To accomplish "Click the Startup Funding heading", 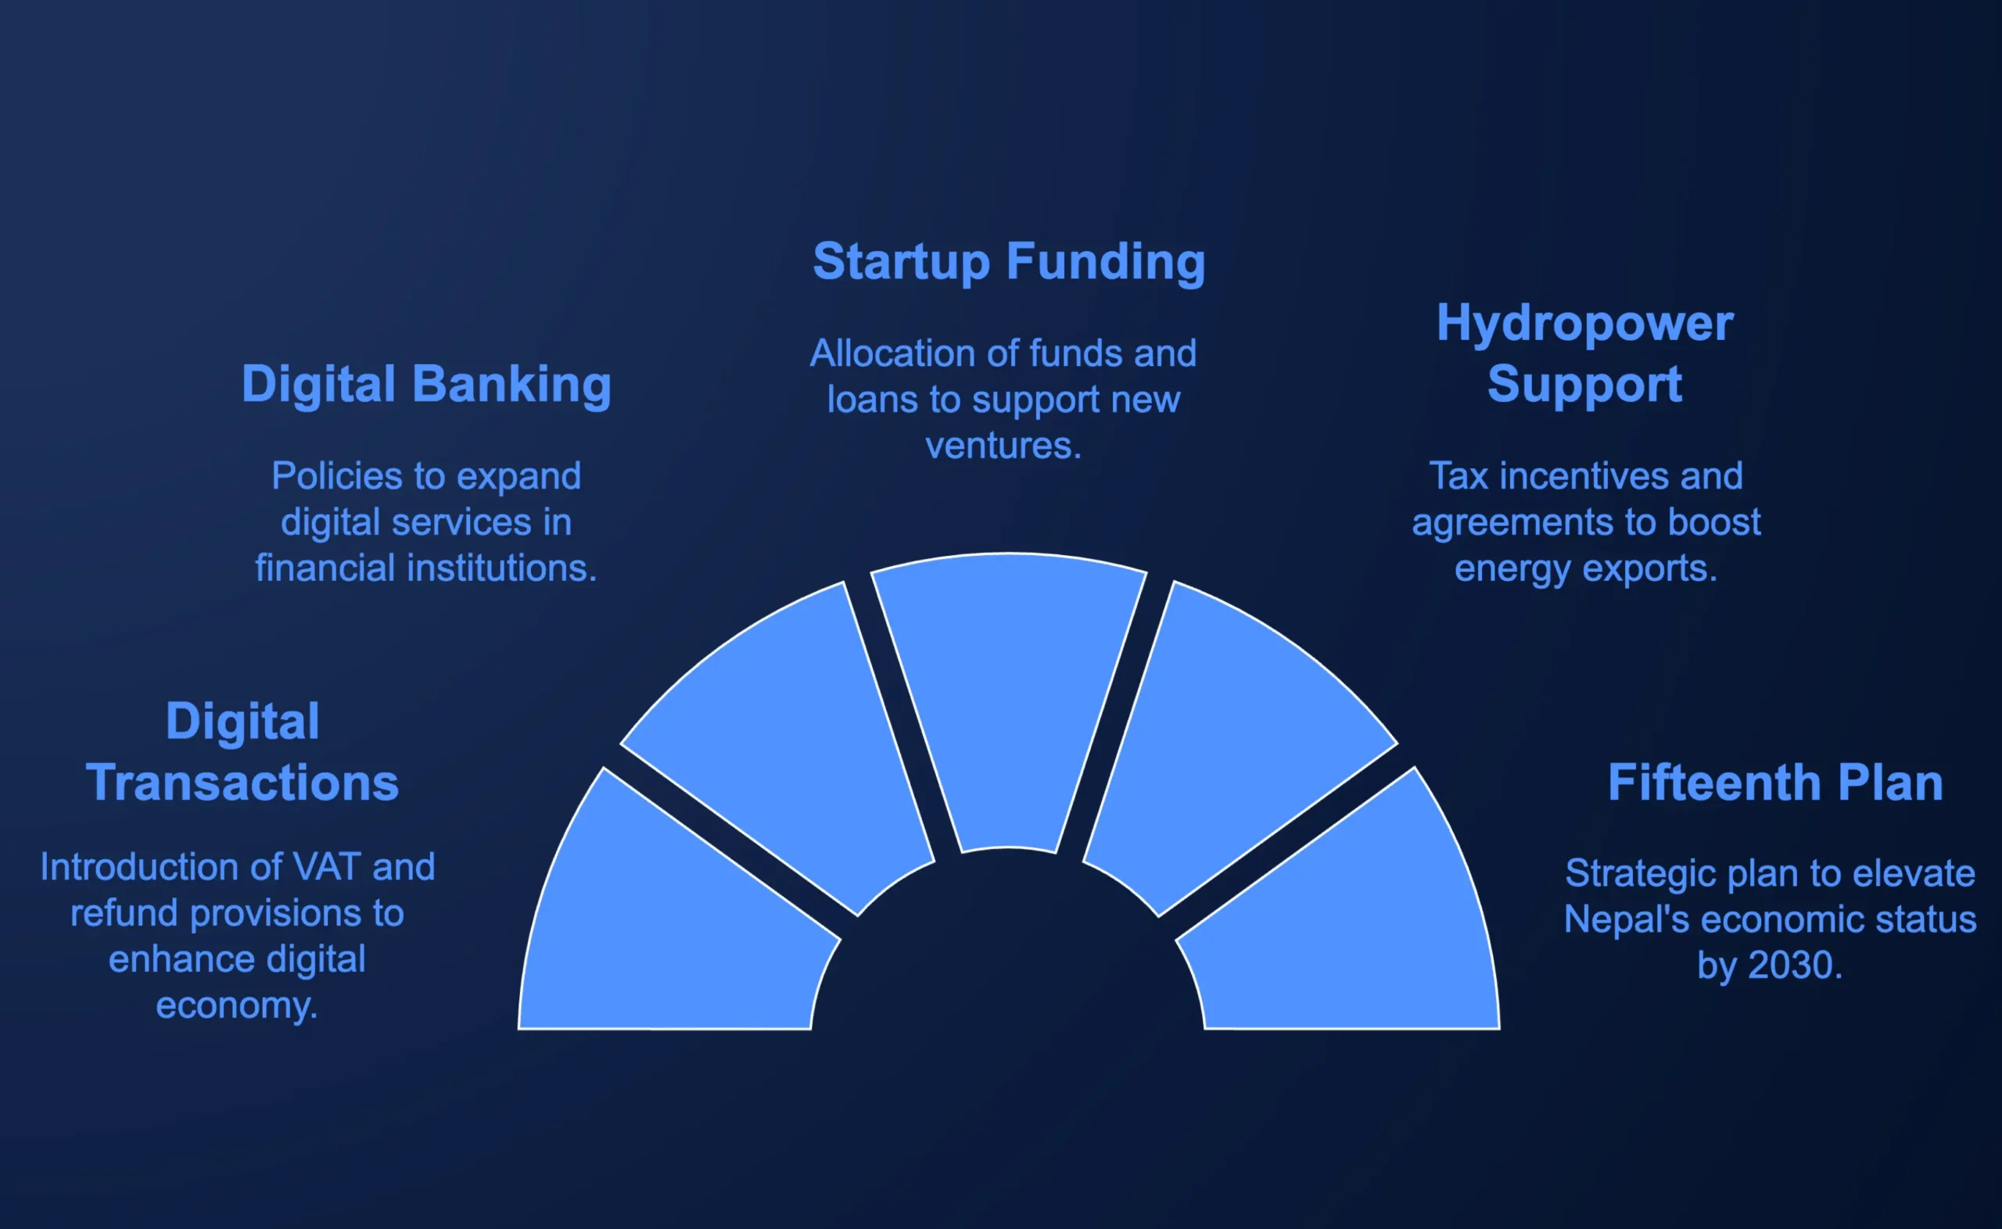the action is pos(1009,262).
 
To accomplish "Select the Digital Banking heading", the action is pos(427,384).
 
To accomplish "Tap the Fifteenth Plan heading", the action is pos(1775,783).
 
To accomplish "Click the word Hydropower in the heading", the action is pos(1585,324).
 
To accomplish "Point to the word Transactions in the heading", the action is pos(242,783).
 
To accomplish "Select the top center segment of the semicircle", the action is pos(1009,699).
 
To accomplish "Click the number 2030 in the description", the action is pos(1795,966).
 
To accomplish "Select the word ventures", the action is pos(1003,446).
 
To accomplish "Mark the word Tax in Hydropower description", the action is pos(1459,476).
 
